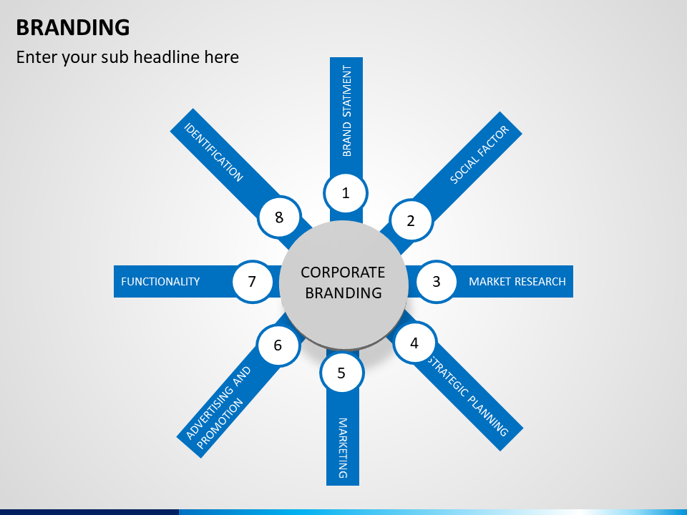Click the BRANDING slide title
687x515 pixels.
[x=73, y=27]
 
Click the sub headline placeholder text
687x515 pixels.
[x=127, y=57]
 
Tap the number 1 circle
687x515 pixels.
[x=346, y=193]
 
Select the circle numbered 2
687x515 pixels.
[x=411, y=220]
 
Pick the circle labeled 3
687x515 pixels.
[x=436, y=281]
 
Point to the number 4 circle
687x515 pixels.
[x=414, y=343]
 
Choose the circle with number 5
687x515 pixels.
[x=342, y=373]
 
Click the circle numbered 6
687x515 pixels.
[x=278, y=345]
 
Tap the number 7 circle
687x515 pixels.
[x=252, y=281]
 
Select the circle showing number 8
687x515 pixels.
[x=279, y=217]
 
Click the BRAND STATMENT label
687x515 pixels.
[x=346, y=111]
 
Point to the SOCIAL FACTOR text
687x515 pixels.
[x=479, y=154]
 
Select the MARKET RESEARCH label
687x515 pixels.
[x=517, y=282]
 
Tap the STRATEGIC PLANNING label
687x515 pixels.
[x=468, y=396]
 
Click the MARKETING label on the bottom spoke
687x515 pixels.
[x=343, y=448]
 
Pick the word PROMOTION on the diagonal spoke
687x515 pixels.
[x=220, y=423]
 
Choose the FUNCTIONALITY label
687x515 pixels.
[x=160, y=282]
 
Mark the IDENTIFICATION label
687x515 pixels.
[x=213, y=152]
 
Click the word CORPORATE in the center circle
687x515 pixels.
[x=343, y=273]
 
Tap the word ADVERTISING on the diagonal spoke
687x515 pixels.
[x=219, y=403]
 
